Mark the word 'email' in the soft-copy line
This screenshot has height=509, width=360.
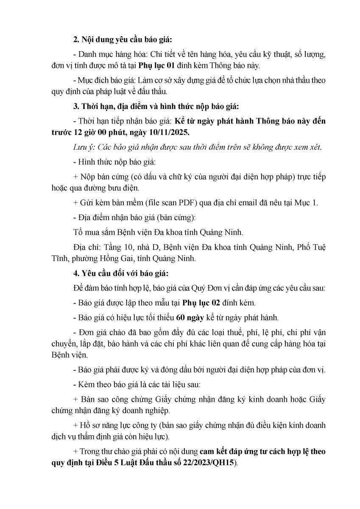tap(231, 202)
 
